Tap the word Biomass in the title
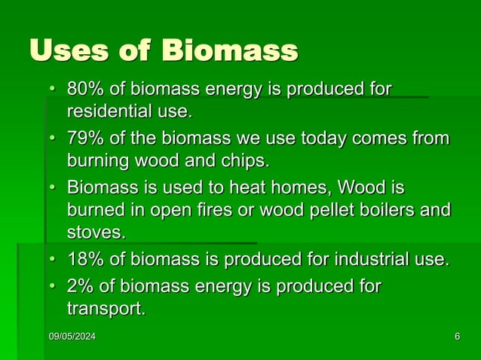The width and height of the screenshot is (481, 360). point(230,52)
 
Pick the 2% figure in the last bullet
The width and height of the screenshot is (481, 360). point(79,286)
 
